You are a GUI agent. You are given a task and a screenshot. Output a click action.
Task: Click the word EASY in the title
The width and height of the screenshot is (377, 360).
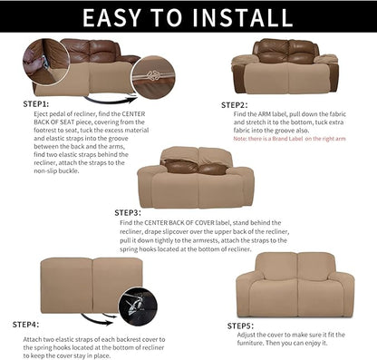point(105,17)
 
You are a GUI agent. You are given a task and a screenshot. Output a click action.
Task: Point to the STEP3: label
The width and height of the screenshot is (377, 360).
point(128,213)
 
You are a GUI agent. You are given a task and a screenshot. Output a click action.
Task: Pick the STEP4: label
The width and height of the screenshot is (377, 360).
point(25,323)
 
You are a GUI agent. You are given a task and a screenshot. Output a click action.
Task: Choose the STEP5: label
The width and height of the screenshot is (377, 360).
point(242,325)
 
